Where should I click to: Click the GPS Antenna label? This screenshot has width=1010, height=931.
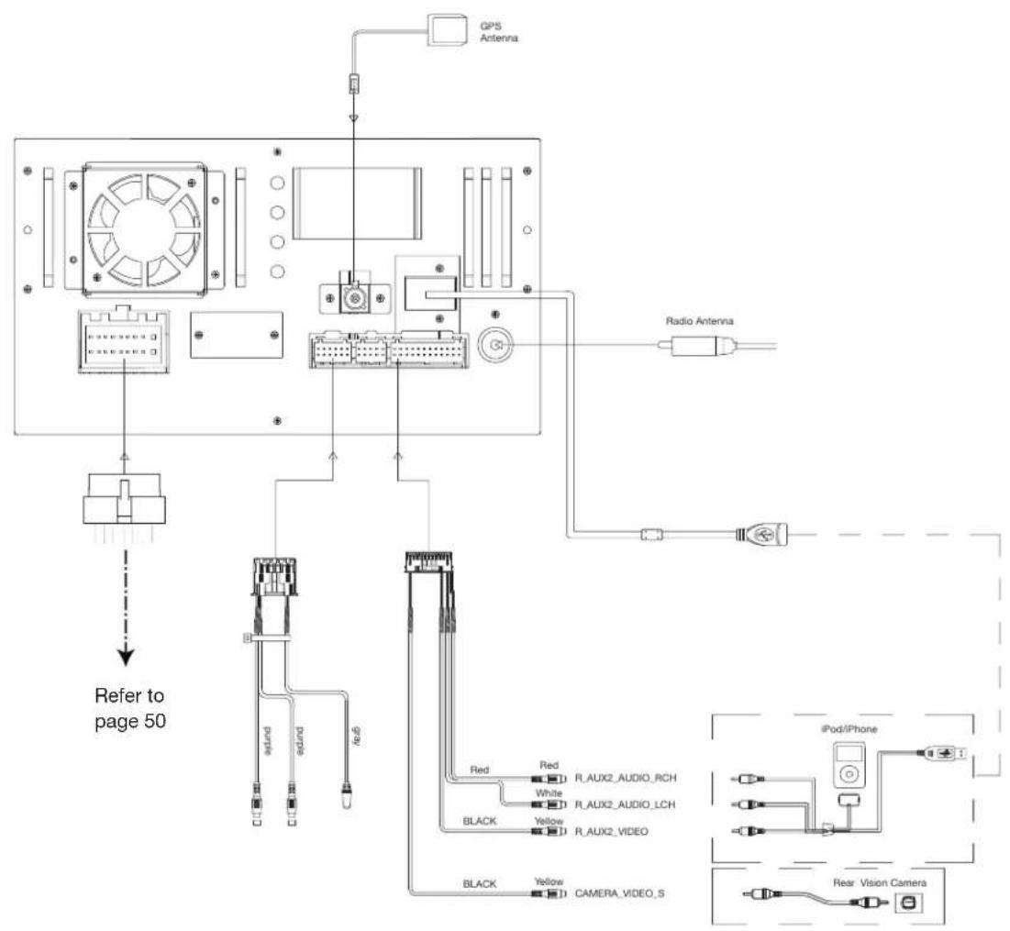[x=498, y=32]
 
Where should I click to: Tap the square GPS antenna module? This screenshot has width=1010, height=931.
[x=448, y=31]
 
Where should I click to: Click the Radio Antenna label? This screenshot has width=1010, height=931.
[x=700, y=321]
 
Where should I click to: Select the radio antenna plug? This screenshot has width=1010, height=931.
[x=699, y=347]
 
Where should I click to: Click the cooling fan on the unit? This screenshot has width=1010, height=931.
[x=145, y=230]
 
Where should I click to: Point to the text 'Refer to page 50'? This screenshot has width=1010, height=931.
[x=129, y=708]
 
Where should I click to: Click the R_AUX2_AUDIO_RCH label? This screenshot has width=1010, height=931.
[x=626, y=778]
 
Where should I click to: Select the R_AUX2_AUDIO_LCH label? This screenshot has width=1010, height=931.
[x=625, y=804]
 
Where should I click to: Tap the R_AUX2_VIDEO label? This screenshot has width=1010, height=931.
[x=611, y=832]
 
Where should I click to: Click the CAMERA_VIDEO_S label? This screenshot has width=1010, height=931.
[x=619, y=893]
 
